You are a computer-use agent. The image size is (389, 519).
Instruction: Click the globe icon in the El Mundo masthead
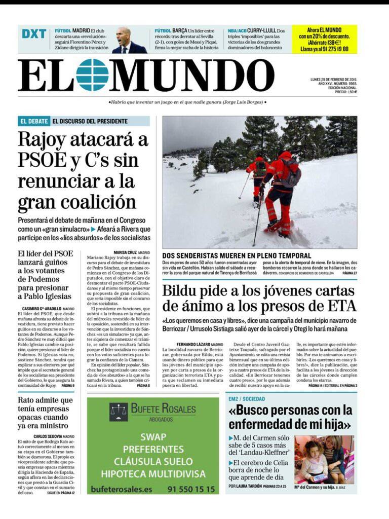(92, 75)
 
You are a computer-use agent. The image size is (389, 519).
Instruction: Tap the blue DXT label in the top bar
(34, 34)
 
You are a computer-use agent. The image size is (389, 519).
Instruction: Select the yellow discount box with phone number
(324, 39)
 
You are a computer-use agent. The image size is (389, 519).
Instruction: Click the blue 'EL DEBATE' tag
(34, 122)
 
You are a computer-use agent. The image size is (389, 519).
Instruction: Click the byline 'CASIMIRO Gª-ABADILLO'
(42, 309)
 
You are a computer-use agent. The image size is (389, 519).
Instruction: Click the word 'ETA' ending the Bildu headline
(339, 307)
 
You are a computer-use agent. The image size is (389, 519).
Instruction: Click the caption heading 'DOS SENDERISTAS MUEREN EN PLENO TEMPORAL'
(237, 256)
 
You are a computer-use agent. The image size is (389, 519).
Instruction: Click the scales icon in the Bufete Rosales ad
(119, 411)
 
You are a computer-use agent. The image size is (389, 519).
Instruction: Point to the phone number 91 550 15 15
(190, 489)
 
